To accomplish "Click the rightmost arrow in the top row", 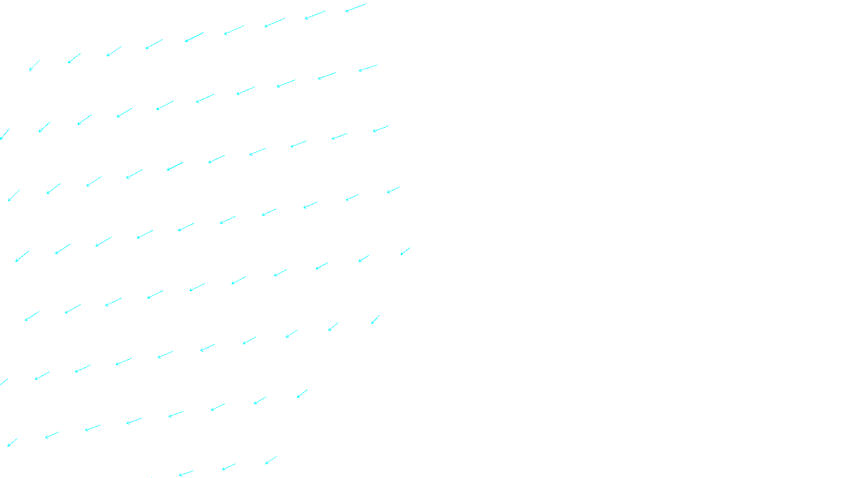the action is [x=355, y=7].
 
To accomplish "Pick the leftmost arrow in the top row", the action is [x=35, y=65].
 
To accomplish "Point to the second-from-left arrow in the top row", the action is [x=74, y=58].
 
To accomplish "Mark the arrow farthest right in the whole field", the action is [x=405, y=251].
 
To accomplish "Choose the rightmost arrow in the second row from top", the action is [x=368, y=69].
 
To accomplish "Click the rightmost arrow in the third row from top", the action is [x=380, y=129].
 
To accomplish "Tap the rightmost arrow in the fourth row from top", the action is [x=393, y=190].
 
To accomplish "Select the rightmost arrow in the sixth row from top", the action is [x=375, y=319].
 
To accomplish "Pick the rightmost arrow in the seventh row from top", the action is [x=302, y=394].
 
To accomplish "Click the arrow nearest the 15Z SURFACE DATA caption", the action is [x=271, y=460].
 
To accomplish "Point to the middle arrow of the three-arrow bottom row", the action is [x=228, y=467].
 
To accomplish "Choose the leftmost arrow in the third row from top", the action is [x=14, y=195].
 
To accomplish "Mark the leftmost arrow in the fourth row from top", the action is [x=22, y=257].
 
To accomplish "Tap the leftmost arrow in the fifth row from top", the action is [x=32, y=316].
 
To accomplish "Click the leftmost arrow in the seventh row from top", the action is [x=12, y=442].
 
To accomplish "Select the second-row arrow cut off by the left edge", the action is [x=5, y=134].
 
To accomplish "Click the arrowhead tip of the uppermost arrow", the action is [x=346, y=11].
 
